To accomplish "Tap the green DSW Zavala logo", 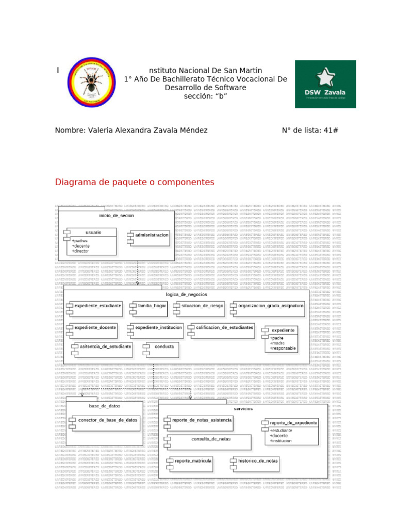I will point(325,84).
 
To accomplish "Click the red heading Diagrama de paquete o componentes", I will point(135,183).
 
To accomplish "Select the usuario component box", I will point(91,241).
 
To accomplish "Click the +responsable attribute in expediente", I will point(284,349).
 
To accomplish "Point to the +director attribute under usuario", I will point(80,251).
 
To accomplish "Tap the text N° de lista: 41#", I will point(310,130).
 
